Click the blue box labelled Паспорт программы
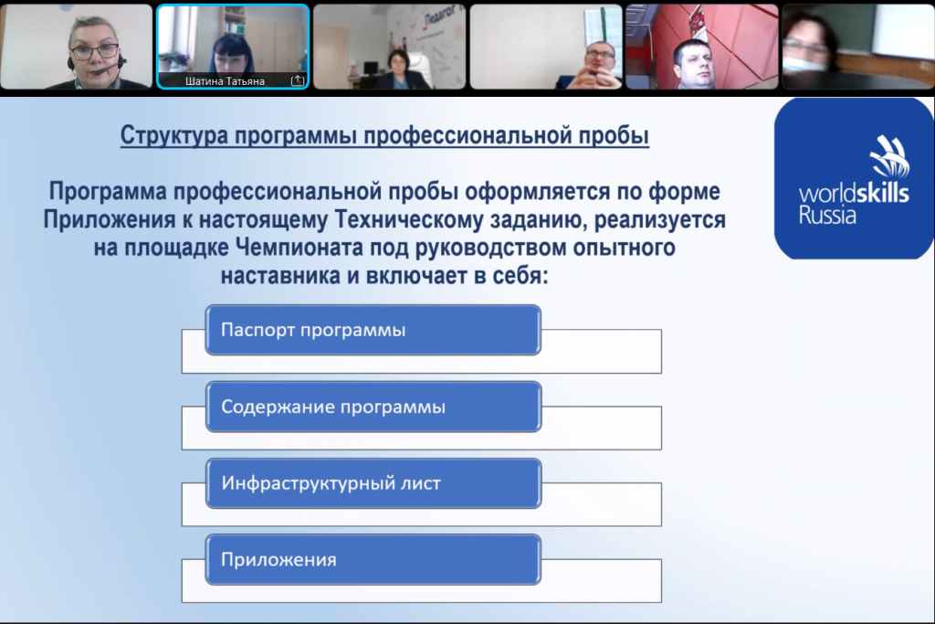pos(373,330)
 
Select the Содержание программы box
pos(373,407)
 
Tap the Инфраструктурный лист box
pos(373,483)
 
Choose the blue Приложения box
pos(373,559)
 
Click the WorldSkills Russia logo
pos(854,178)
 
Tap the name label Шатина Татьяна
pos(225,81)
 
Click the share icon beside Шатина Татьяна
pos(297,79)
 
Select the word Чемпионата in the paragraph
pos(299,248)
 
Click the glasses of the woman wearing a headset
pos(94,51)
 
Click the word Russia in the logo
pos(827,216)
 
